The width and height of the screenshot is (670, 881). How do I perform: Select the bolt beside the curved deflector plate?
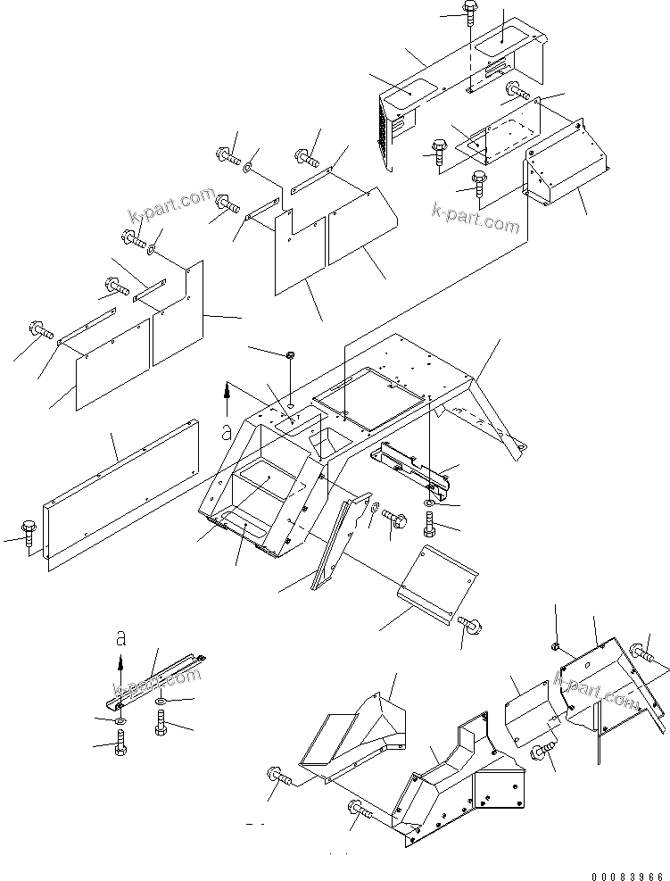(469, 627)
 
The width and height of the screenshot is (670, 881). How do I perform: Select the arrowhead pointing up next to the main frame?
(228, 389)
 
